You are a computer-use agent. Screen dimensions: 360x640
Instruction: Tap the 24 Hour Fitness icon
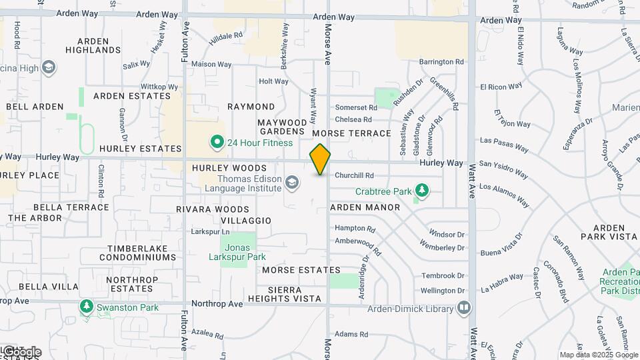[x=217, y=142]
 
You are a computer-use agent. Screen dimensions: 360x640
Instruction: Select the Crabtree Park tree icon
[x=421, y=191]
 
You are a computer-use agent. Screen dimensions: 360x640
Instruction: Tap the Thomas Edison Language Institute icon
[x=291, y=182]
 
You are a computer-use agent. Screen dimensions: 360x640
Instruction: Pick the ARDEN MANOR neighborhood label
[x=365, y=207]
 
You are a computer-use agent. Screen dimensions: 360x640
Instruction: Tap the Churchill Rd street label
[x=354, y=175]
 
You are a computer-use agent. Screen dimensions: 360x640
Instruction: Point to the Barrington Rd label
[x=441, y=61]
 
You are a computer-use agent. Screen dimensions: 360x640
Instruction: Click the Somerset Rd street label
[x=352, y=107]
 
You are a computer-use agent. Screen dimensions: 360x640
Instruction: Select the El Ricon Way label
[x=500, y=87]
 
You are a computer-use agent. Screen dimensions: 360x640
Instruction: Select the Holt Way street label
[x=273, y=81]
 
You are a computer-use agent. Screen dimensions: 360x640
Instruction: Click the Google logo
[x=21, y=352]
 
